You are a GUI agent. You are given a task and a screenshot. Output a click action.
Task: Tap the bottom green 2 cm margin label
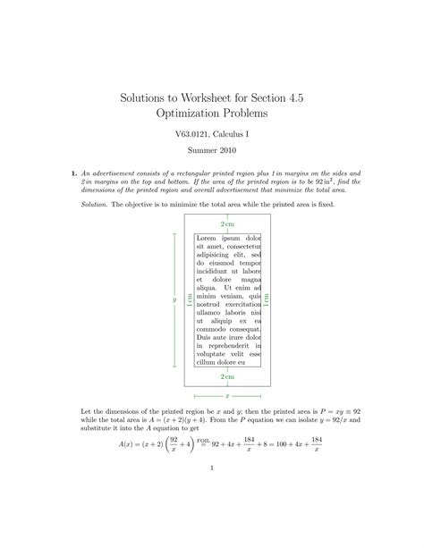tap(228, 377)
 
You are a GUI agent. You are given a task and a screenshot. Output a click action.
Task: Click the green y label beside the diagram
tap(174, 300)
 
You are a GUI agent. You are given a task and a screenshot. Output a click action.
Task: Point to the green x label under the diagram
tap(227, 394)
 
